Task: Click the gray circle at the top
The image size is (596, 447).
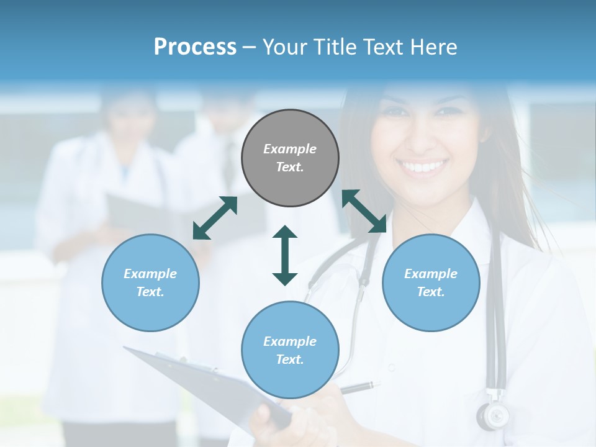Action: pyautogui.click(x=290, y=158)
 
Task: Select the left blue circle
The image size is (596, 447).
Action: pyautogui.click(x=150, y=282)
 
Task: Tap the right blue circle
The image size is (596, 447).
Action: pyautogui.click(x=431, y=282)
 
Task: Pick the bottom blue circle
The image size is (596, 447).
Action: pyautogui.click(x=290, y=350)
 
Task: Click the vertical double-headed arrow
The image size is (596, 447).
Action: pyautogui.click(x=285, y=255)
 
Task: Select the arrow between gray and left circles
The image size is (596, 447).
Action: pyautogui.click(x=215, y=218)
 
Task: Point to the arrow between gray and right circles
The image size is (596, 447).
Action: pyautogui.click(x=364, y=211)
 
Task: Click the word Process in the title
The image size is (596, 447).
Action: pyautogui.click(x=195, y=47)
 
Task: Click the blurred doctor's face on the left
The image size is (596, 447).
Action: pyautogui.click(x=129, y=118)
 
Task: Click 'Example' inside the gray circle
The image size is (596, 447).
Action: pyautogui.click(x=290, y=149)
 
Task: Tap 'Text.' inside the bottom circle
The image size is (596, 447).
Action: pyautogui.click(x=290, y=359)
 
